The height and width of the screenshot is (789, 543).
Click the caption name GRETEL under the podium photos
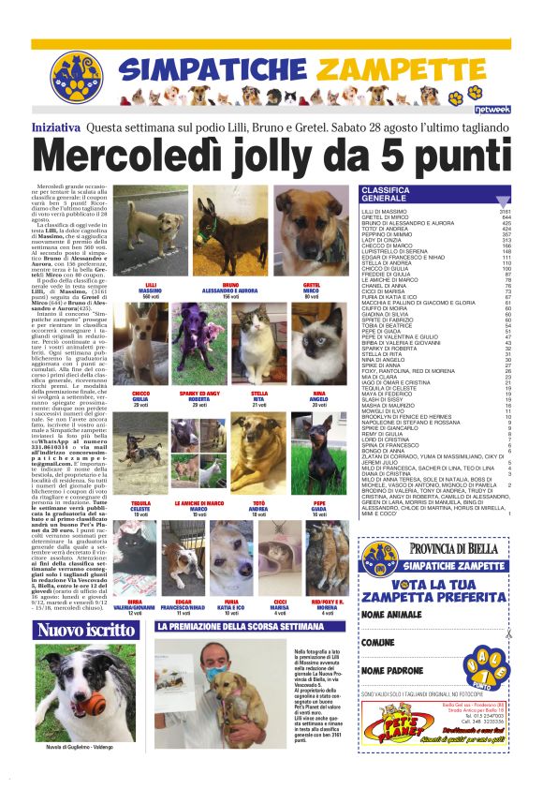313,284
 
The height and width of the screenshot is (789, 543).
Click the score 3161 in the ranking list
504,213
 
